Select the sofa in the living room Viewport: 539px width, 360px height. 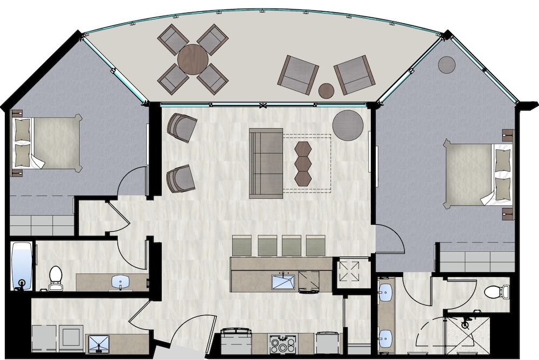click(x=266, y=163)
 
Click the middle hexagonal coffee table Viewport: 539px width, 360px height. click(x=303, y=162)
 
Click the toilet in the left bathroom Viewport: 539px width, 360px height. click(x=56, y=276)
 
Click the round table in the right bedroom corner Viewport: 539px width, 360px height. click(x=447, y=64)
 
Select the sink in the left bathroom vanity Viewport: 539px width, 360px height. click(x=120, y=281)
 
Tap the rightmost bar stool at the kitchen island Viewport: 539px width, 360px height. click(x=316, y=246)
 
